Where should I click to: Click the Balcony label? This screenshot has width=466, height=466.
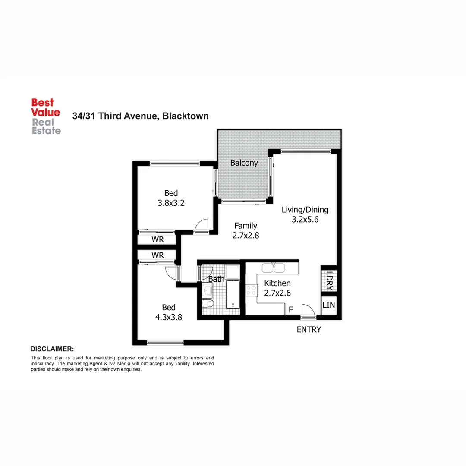coord(244,163)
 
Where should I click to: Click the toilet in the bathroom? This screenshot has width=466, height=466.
coord(208,305)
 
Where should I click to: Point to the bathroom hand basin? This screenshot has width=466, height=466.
coord(207,290)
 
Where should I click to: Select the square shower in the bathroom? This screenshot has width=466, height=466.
coord(232,272)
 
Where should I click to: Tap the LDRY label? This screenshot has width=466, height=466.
coord(330,280)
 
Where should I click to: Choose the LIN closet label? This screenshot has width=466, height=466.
coord(329,305)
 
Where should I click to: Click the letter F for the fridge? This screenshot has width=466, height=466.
coord(291,309)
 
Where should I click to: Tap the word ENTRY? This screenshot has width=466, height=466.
coord(309,330)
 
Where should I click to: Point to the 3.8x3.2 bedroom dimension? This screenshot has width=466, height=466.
coord(171,203)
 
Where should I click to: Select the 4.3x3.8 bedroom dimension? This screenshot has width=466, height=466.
coord(169,317)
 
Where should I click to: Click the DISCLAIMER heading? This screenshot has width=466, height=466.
coord(52,349)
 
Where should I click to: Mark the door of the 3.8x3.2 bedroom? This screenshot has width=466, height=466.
coord(201,226)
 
